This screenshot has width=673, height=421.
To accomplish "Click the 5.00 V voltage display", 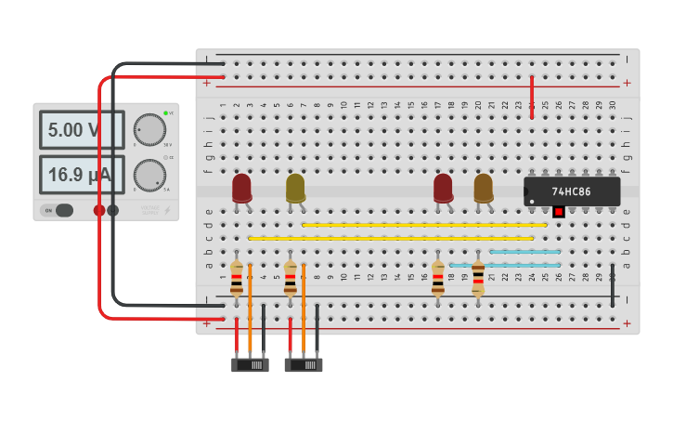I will tap(81, 130).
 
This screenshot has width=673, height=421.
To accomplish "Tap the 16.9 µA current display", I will tap(81, 175).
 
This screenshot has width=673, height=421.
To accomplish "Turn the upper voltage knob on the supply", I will tap(149, 129).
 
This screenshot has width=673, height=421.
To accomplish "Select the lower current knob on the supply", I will tap(149, 175).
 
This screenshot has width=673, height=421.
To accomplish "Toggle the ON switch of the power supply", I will tap(58, 210).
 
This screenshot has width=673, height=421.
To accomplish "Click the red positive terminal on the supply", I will tap(99, 210).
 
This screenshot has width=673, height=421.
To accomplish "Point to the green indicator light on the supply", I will tap(165, 113).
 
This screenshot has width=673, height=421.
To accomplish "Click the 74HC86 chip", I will tap(572, 191).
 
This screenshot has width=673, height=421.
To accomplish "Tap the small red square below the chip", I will tap(558, 212).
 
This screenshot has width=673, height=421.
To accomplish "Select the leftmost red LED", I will tap(241, 188).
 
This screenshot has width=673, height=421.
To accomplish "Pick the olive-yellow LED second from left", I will tap(295, 188).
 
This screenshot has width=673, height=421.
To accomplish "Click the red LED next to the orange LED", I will tap(443, 188).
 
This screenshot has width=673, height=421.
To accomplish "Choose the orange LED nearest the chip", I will tap(484, 188).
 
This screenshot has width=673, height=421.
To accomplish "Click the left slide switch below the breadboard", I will tap(250, 365).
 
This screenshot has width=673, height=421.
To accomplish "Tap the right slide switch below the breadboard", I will tap(304, 365).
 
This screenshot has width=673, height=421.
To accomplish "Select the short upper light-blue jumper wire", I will tap(524, 252).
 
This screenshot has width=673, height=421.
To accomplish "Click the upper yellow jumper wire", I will tap(424, 225).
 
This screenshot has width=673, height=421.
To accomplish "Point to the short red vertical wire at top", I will tap(532, 97).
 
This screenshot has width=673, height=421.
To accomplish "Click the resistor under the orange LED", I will tap(478, 278).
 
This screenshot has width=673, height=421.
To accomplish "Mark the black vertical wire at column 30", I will tap(613, 285).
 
